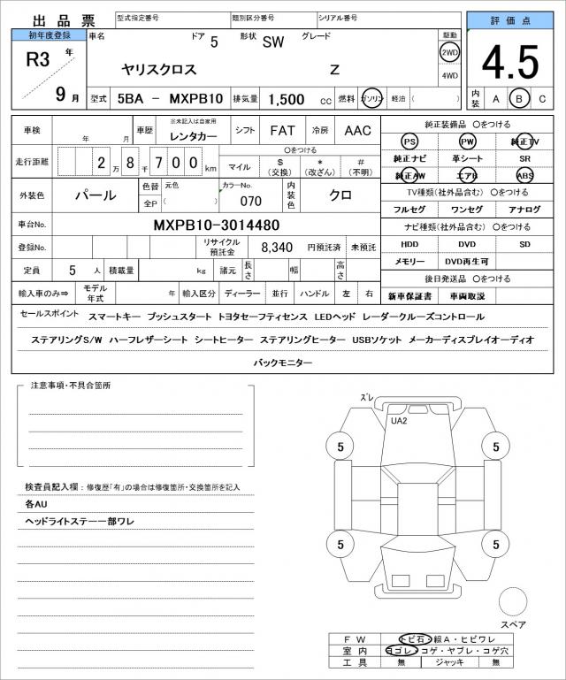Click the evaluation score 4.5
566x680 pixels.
click(509, 63)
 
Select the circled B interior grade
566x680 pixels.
click(519, 99)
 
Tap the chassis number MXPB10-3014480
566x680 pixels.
click(217, 225)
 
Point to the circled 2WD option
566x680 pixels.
click(449, 52)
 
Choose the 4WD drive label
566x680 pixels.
click(449, 75)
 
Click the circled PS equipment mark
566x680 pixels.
click(409, 141)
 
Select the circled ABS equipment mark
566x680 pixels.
click(524, 175)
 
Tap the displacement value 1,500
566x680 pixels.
click(286, 100)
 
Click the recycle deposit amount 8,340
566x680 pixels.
click(276, 248)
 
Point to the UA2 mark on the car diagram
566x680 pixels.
click(399, 421)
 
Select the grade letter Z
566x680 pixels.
click(334, 69)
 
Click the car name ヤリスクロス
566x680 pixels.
click(155, 69)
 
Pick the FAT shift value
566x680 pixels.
click(282, 131)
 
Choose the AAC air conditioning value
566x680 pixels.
click(357, 131)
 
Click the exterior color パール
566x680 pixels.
click(95, 195)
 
